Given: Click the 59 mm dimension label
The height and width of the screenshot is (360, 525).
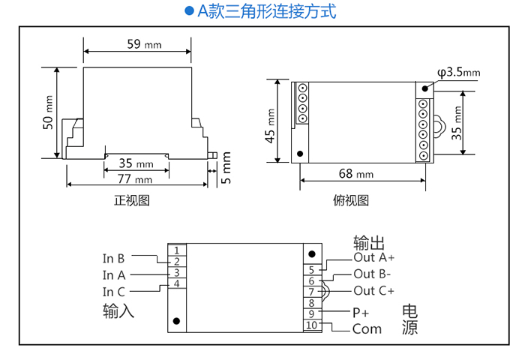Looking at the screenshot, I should click(x=143, y=44).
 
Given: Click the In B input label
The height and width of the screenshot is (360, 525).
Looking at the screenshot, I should click(x=114, y=258).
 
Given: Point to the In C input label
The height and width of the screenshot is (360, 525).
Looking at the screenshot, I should click(x=114, y=292).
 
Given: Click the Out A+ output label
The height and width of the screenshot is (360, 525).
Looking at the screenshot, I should click(x=373, y=257).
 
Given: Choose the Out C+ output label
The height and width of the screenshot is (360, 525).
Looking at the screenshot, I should click(x=373, y=291).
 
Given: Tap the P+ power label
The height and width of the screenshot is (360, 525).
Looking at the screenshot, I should click(x=361, y=312).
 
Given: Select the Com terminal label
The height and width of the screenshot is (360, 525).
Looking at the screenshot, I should click(x=367, y=328).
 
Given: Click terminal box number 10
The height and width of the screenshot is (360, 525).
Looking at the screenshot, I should click(x=312, y=325).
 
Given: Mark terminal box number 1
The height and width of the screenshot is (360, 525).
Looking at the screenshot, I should click(x=175, y=250).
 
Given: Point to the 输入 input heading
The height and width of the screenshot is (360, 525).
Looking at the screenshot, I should click(x=118, y=310).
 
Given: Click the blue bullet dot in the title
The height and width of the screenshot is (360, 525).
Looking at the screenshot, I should click(x=189, y=12).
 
